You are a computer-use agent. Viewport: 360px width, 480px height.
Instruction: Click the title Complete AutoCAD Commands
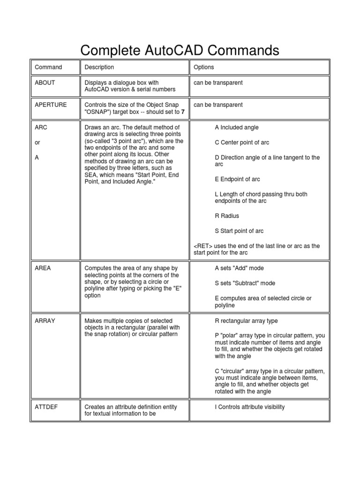(x=180, y=50)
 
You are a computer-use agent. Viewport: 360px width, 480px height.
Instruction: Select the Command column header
(x=48, y=67)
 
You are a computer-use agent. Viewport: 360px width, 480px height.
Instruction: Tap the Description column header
(x=99, y=67)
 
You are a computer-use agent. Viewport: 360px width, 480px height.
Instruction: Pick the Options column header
(x=204, y=67)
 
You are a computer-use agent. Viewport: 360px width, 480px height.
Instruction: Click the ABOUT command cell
(x=45, y=82)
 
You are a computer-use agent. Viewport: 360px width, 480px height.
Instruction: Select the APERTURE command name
(x=51, y=105)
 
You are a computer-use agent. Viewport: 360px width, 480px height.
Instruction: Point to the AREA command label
(x=43, y=268)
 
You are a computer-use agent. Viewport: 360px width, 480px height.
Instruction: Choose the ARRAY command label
(x=45, y=321)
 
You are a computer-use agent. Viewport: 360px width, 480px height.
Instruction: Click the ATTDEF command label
(x=46, y=407)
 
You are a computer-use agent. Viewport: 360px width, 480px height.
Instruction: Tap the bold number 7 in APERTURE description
(x=183, y=112)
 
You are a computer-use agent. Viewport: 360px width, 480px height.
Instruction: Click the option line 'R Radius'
(x=227, y=216)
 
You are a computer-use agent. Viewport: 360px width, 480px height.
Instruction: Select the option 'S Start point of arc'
(x=239, y=231)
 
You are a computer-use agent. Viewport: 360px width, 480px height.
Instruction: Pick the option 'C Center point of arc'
(x=242, y=142)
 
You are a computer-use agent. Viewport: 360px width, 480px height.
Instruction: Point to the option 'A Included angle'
(x=237, y=127)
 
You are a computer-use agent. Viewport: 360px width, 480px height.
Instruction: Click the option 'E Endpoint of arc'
(x=237, y=179)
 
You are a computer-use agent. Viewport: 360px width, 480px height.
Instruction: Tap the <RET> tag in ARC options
(x=203, y=246)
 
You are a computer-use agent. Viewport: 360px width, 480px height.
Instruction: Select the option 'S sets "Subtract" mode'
(x=245, y=283)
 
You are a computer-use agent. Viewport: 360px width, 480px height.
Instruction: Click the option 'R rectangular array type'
(x=246, y=321)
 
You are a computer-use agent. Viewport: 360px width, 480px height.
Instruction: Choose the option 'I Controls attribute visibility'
(x=250, y=407)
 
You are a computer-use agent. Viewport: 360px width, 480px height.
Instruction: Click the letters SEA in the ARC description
(x=91, y=175)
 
